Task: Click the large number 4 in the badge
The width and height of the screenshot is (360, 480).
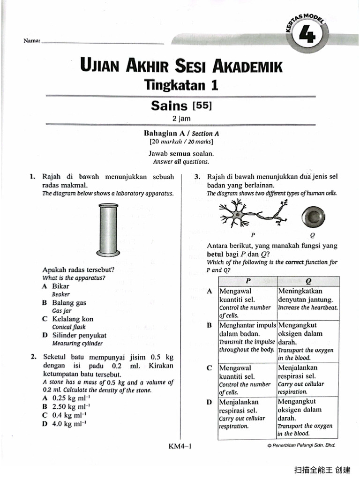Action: click(x=310, y=37)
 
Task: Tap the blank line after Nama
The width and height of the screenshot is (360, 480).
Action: click(x=103, y=43)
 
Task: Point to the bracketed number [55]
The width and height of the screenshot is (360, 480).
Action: click(x=201, y=106)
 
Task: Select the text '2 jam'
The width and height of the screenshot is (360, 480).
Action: click(x=181, y=119)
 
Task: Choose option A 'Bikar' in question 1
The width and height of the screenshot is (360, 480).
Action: click(x=60, y=286)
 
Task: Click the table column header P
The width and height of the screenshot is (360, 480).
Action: click(x=247, y=281)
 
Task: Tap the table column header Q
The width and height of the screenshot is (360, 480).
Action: click(x=308, y=281)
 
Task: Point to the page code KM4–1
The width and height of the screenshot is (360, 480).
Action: click(x=180, y=446)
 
